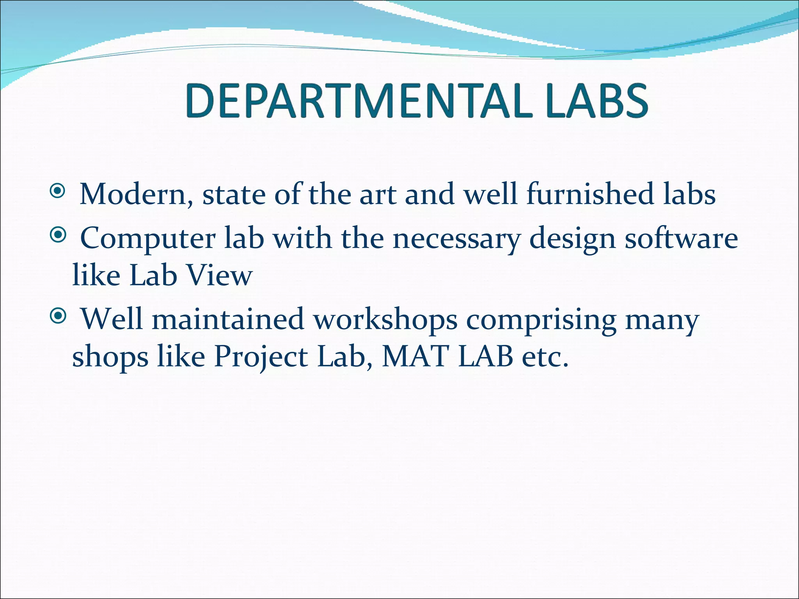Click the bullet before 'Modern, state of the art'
point(58,191)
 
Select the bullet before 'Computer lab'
point(58,235)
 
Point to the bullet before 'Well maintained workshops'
point(58,316)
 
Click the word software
point(681,238)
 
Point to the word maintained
point(227,319)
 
